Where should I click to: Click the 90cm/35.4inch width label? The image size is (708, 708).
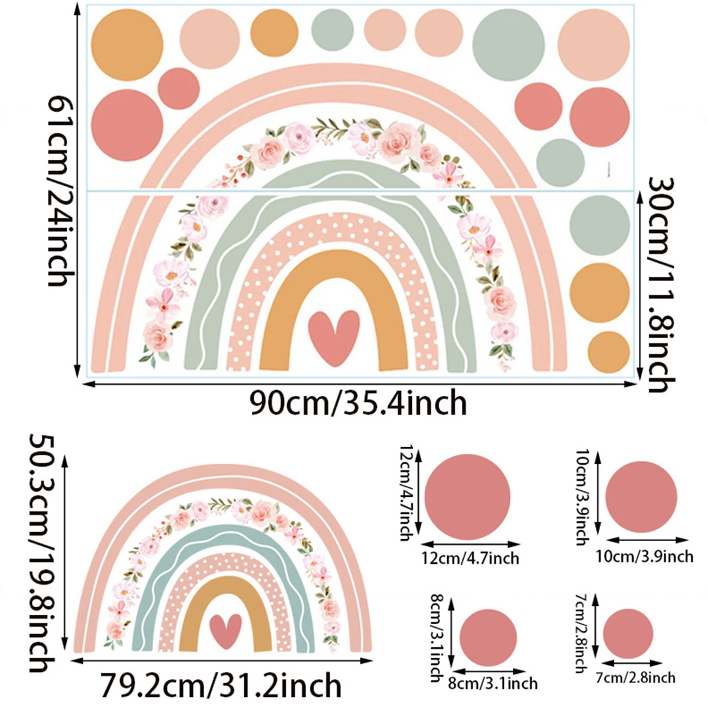click(x=358, y=404)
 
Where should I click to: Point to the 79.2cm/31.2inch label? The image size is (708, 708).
click(x=221, y=685)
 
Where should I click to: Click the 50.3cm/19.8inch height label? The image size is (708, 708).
click(x=45, y=552)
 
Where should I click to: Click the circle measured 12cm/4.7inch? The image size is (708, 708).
click(x=467, y=496)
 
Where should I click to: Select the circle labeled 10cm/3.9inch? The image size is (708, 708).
click(x=641, y=497)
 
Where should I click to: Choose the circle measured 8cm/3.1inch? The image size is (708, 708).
click(x=488, y=638)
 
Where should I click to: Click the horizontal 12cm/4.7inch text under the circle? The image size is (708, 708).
click(x=470, y=558)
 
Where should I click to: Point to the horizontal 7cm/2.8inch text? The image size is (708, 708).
click(x=635, y=677)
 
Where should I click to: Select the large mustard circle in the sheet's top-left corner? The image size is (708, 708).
click(x=127, y=45)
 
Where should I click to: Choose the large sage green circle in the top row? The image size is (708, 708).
click(x=509, y=45)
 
